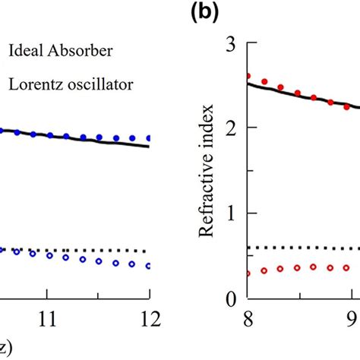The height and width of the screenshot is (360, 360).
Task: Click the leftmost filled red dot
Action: coord(248,76)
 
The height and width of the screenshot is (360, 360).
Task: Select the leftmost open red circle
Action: coord(248,273)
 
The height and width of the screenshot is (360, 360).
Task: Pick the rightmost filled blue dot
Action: coord(149,138)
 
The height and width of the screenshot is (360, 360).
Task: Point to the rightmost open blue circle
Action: coord(149,266)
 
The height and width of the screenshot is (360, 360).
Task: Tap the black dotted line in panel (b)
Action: coord(304,248)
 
